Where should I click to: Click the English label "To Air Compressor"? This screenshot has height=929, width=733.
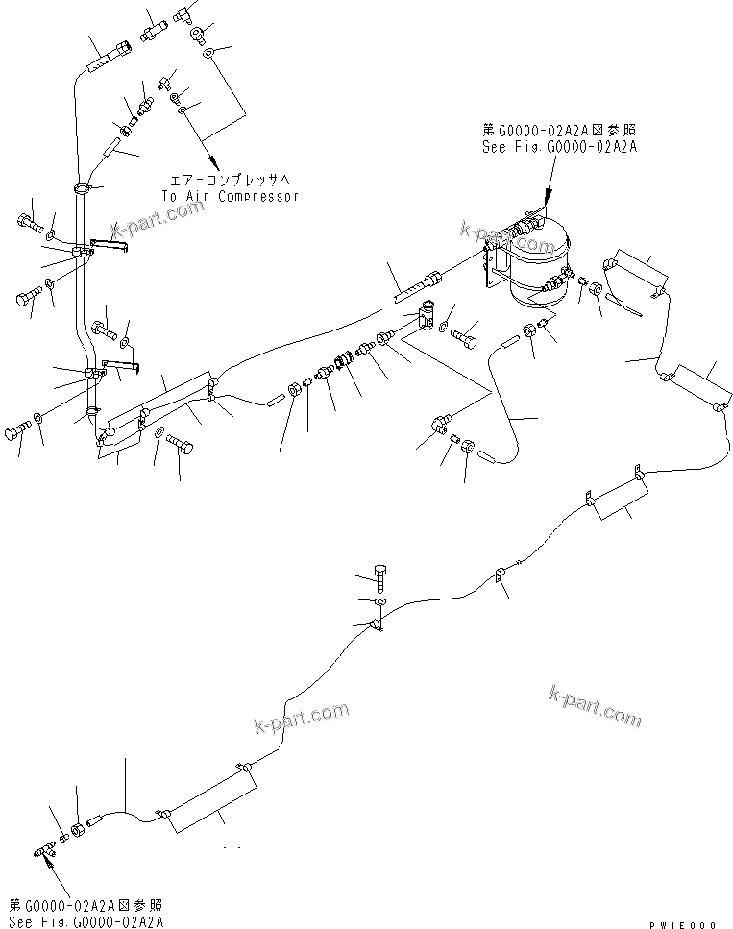(230, 196)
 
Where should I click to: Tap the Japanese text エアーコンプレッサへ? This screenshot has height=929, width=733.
(230, 180)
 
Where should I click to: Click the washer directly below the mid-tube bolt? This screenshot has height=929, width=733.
(380, 602)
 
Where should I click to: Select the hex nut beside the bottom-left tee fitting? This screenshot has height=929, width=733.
(77, 828)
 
